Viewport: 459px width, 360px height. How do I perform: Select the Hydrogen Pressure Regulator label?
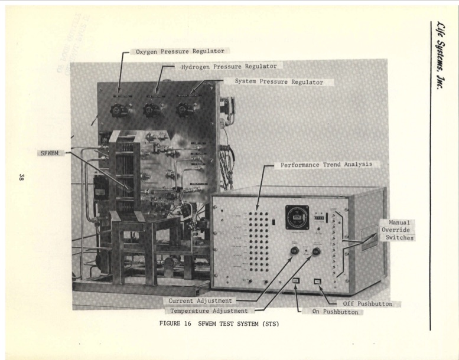click(228, 67)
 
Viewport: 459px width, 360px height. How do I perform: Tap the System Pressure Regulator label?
click(279, 82)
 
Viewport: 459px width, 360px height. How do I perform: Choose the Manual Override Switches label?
click(399, 230)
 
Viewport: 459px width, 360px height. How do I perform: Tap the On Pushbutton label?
click(332, 312)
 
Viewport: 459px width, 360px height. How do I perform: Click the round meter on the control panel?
click(297, 217)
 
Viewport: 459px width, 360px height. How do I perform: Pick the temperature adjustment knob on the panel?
click(316, 252)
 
